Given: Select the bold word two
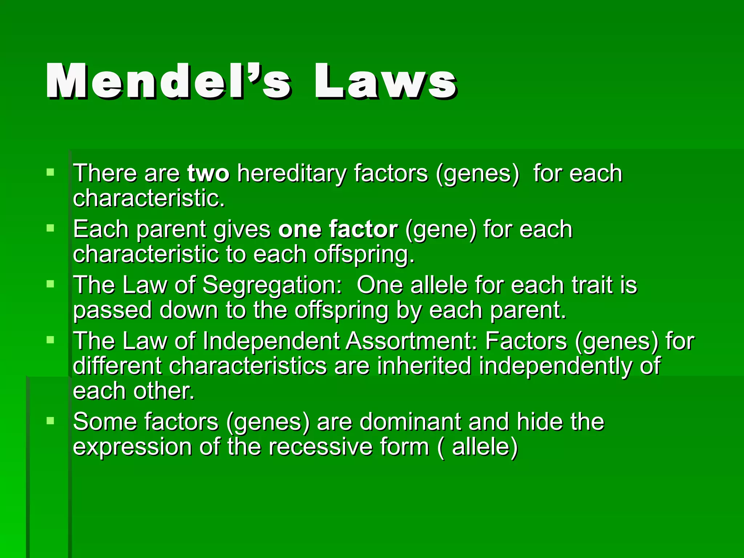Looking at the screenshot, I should (209, 173).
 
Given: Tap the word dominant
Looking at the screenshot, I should (411, 422).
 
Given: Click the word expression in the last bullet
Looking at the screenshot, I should (132, 448).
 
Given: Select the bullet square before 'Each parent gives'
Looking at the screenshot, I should (50, 228).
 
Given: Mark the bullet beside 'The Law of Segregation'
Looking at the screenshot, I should (50, 284).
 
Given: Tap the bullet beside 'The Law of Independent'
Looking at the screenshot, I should (50, 340).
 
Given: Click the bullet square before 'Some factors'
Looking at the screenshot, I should (50, 421).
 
